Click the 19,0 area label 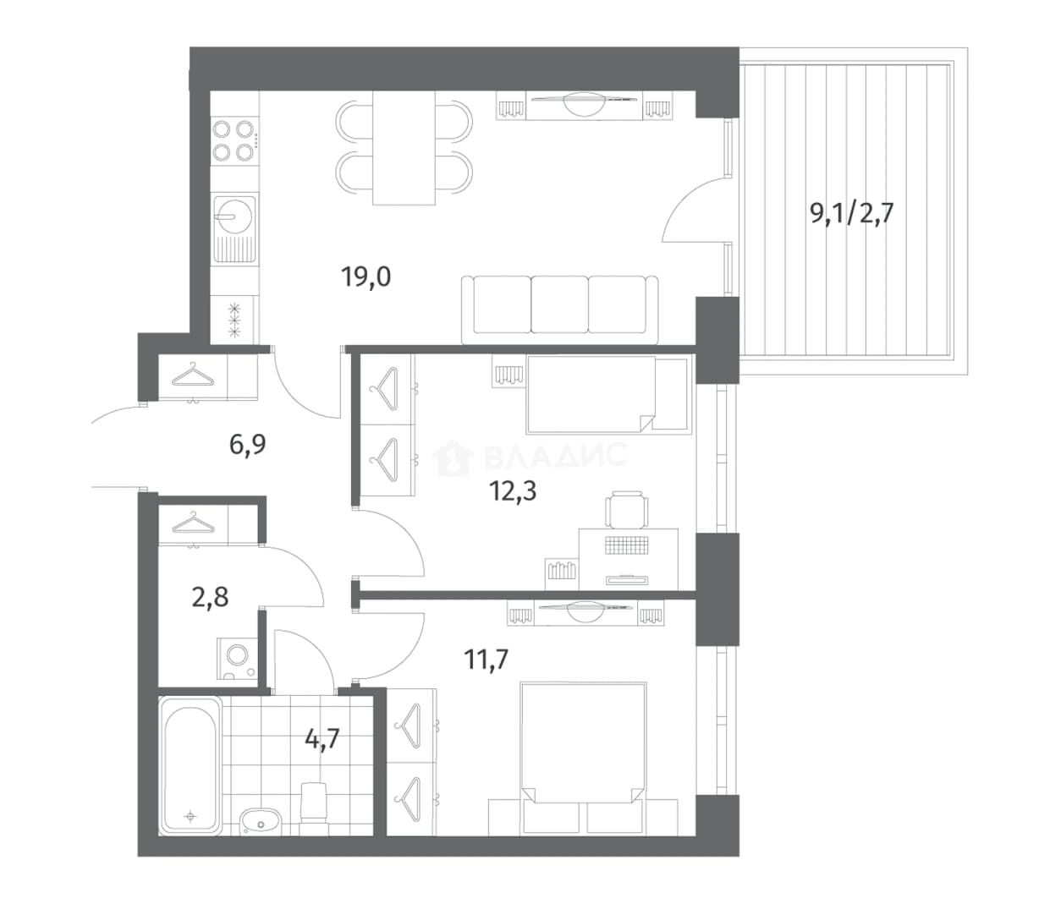(x=366, y=277)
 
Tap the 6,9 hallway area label (x=247, y=444)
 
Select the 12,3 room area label (x=513, y=491)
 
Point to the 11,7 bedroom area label (x=487, y=660)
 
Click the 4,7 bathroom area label (x=322, y=739)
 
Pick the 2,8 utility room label (x=210, y=597)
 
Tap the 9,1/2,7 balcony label (x=852, y=213)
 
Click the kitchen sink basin (x=234, y=211)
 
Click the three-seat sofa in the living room (x=559, y=309)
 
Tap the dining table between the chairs (x=404, y=148)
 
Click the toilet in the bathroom (x=313, y=807)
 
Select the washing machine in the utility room (x=237, y=660)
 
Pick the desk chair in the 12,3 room (x=626, y=509)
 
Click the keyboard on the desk (x=627, y=545)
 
